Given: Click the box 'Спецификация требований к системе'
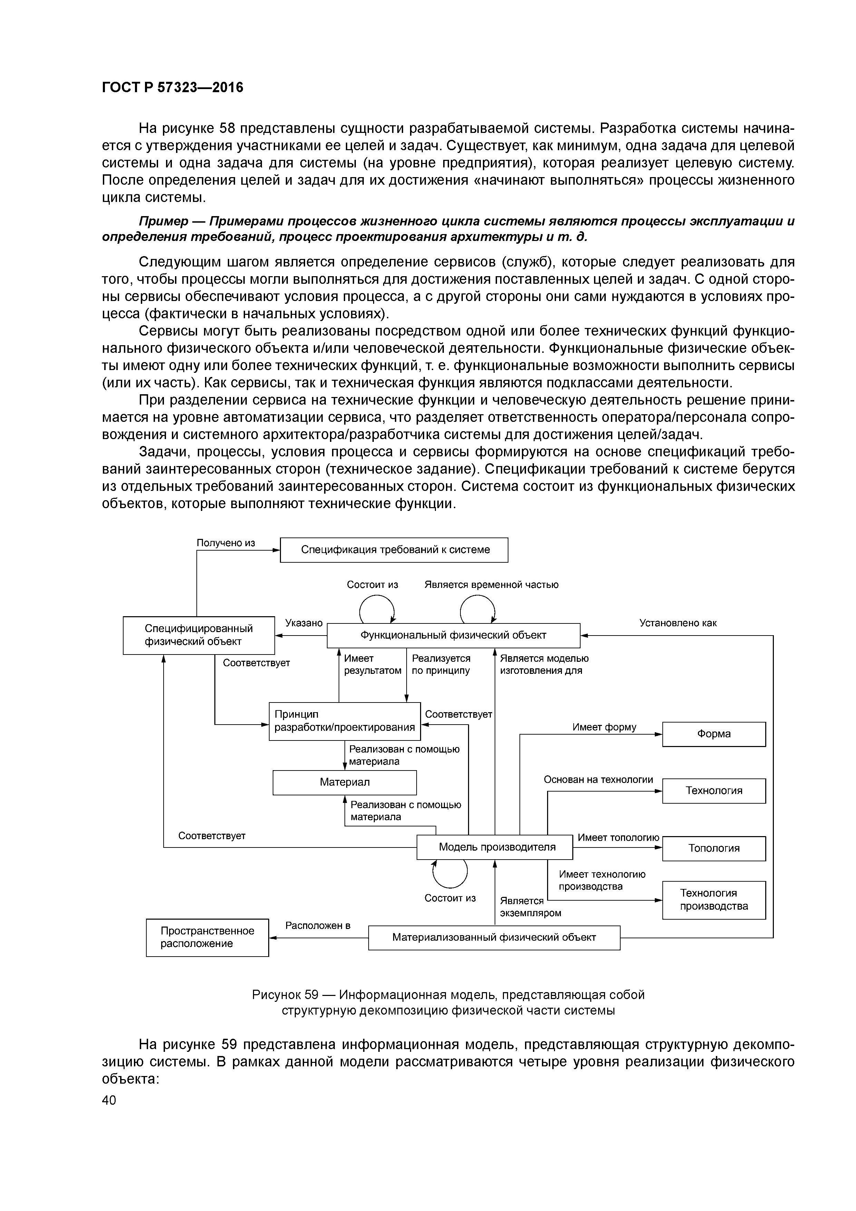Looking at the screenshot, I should click(x=393, y=550).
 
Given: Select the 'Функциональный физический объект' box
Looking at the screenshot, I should click(x=453, y=635).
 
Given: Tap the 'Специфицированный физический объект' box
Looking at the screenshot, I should click(x=198, y=635).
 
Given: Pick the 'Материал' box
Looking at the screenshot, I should click(x=344, y=782).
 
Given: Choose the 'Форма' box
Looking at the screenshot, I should click(x=713, y=734).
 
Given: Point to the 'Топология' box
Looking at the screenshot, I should click(x=713, y=848).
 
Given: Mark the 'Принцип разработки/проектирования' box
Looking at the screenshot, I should click(x=344, y=721).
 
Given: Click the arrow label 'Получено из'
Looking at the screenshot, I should click(x=226, y=543).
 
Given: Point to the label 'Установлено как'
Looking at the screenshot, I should click(x=678, y=623).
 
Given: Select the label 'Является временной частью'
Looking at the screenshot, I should click(x=491, y=584).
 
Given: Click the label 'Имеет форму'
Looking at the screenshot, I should click(x=604, y=727).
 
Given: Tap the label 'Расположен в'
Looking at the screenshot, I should click(x=318, y=925).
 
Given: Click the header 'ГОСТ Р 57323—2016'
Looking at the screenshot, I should click(x=173, y=87).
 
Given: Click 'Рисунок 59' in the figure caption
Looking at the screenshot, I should click(x=285, y=995).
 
